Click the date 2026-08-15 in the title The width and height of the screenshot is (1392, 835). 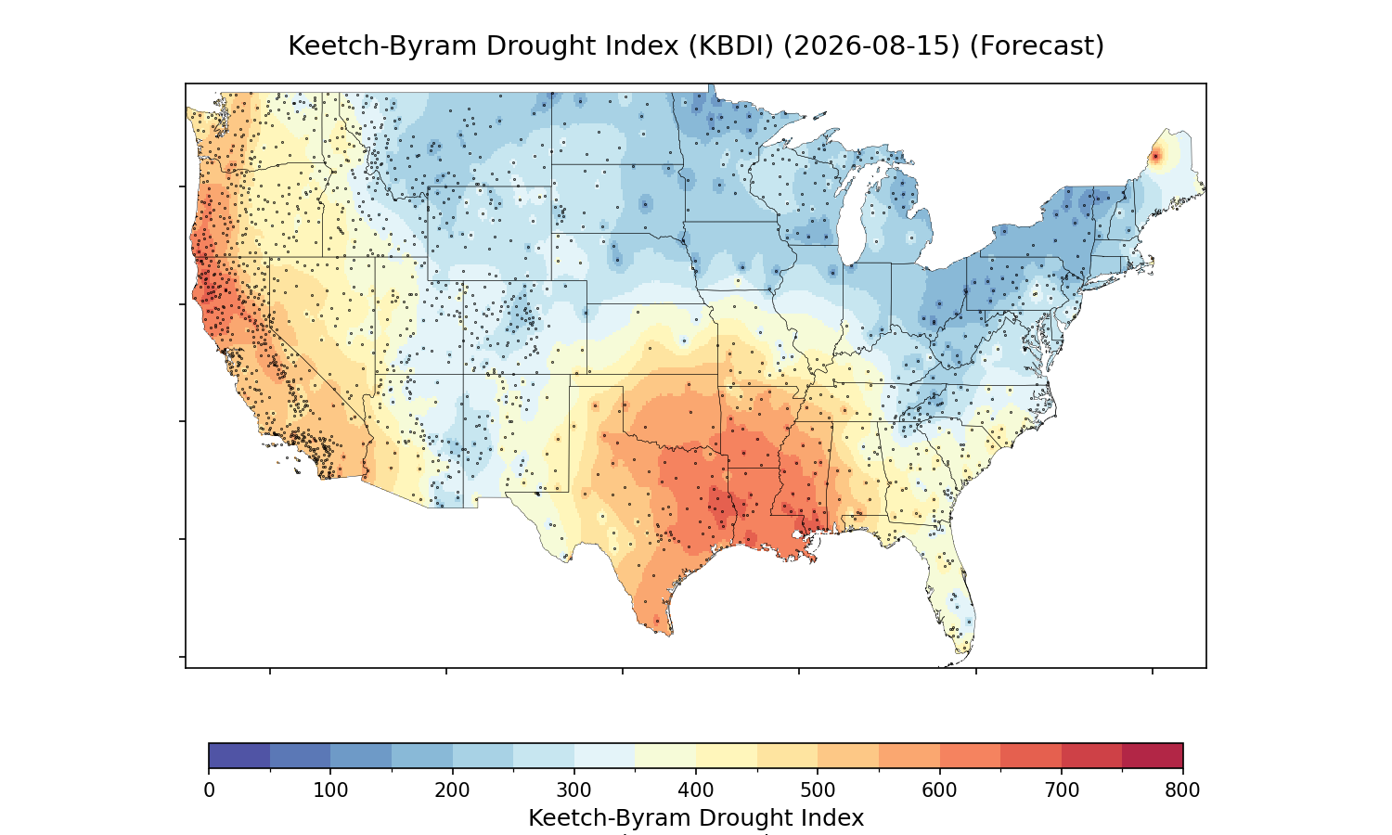[872, 45]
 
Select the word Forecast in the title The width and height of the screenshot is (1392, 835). [1037, 45]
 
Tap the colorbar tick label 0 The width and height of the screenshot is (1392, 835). [210, 790]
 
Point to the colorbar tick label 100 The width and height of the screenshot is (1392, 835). [330, 790]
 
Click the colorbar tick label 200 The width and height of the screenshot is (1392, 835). [453, 790]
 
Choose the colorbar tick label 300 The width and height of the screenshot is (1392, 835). [574, 790]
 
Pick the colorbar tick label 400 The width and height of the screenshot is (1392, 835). [696, 790]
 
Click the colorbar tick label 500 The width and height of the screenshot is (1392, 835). [818, 790]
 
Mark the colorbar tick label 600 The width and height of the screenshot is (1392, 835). [939, 790]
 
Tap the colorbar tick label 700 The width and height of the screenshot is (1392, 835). [1062, 790]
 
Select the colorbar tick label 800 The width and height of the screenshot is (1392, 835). [1182, 790]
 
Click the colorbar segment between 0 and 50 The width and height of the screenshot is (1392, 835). [239, 755]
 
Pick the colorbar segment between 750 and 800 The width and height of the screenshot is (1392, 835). [1153, 755]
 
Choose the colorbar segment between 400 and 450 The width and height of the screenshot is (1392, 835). [727, 755]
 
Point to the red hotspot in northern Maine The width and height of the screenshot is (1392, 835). [1155, 157]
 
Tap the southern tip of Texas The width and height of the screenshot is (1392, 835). [669, 634]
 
